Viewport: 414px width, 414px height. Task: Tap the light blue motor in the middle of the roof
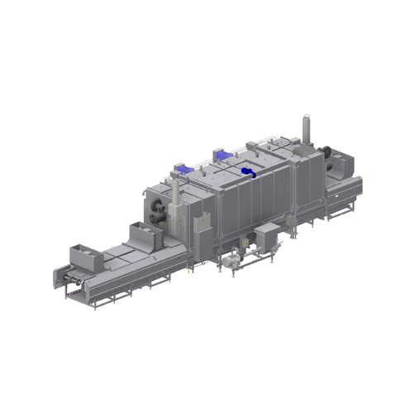click(x=222, y=154)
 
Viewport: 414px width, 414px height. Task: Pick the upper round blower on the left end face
click(x=156, y=205)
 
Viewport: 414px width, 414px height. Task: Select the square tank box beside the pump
click(x=265, y=238)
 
